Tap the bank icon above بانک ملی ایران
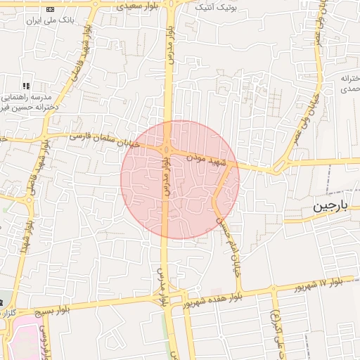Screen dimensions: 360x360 point(49,8)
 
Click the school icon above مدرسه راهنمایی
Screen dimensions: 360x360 point(26,86)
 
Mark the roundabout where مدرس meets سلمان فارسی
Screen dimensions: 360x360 point(167,149)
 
